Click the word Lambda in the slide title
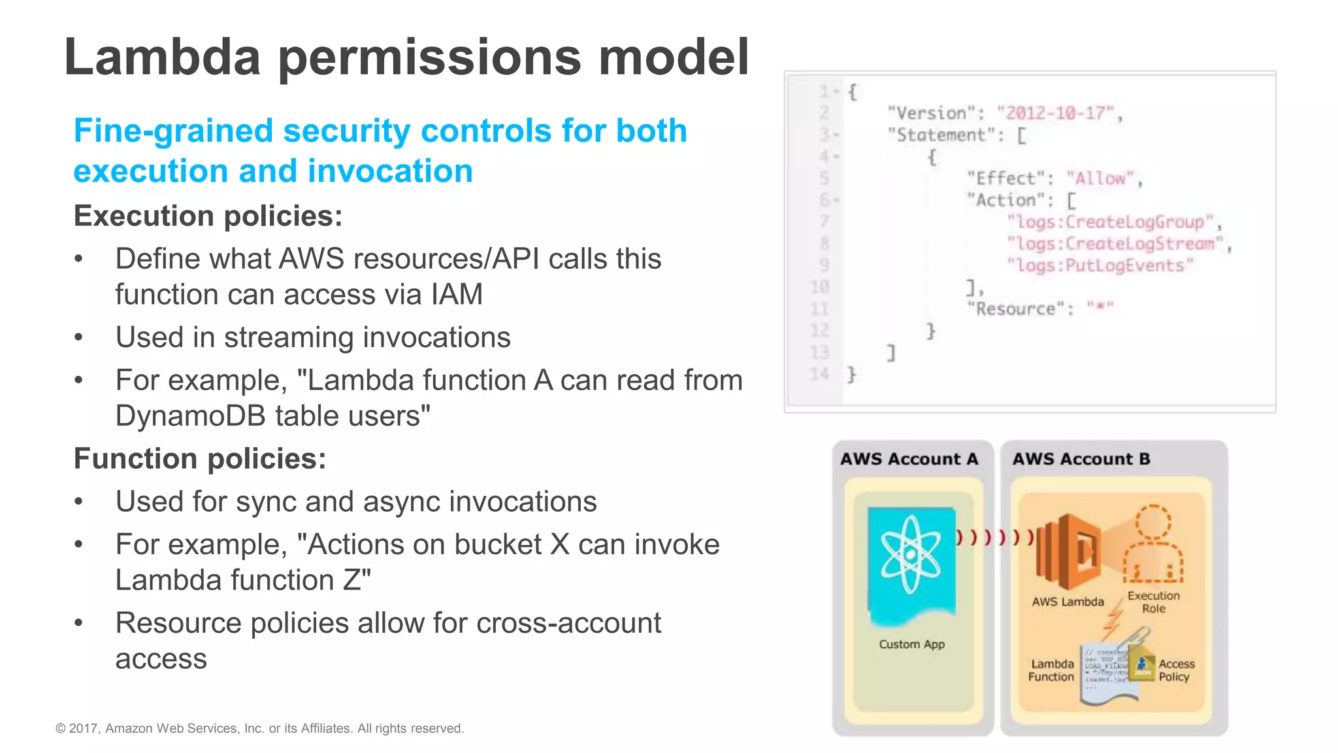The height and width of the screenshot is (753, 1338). [x=162, y=58]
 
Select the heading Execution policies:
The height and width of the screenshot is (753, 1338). [x=208, y=216]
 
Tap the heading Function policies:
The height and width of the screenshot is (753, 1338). [x=199, y=458]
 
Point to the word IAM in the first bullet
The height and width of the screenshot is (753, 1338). [x=456, y=294]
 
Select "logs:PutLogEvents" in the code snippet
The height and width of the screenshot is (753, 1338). [x=1100, y=265]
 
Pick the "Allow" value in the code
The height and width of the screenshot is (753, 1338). [x=1101, y=178]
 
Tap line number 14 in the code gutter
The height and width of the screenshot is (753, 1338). [x=819, y=374]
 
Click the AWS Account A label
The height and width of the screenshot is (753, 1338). [x=909, y=459]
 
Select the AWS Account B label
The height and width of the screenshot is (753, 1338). [x=1081, y=459]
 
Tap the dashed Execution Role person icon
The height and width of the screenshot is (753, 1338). [x=1153, y=544]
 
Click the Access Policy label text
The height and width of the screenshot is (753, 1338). [x=1176, y=670]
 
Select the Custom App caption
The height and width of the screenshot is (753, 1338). [x=911, y=644]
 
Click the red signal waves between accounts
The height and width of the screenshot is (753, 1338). [x=994, y=537]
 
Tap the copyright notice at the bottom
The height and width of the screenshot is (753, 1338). [x=259, y=728]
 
